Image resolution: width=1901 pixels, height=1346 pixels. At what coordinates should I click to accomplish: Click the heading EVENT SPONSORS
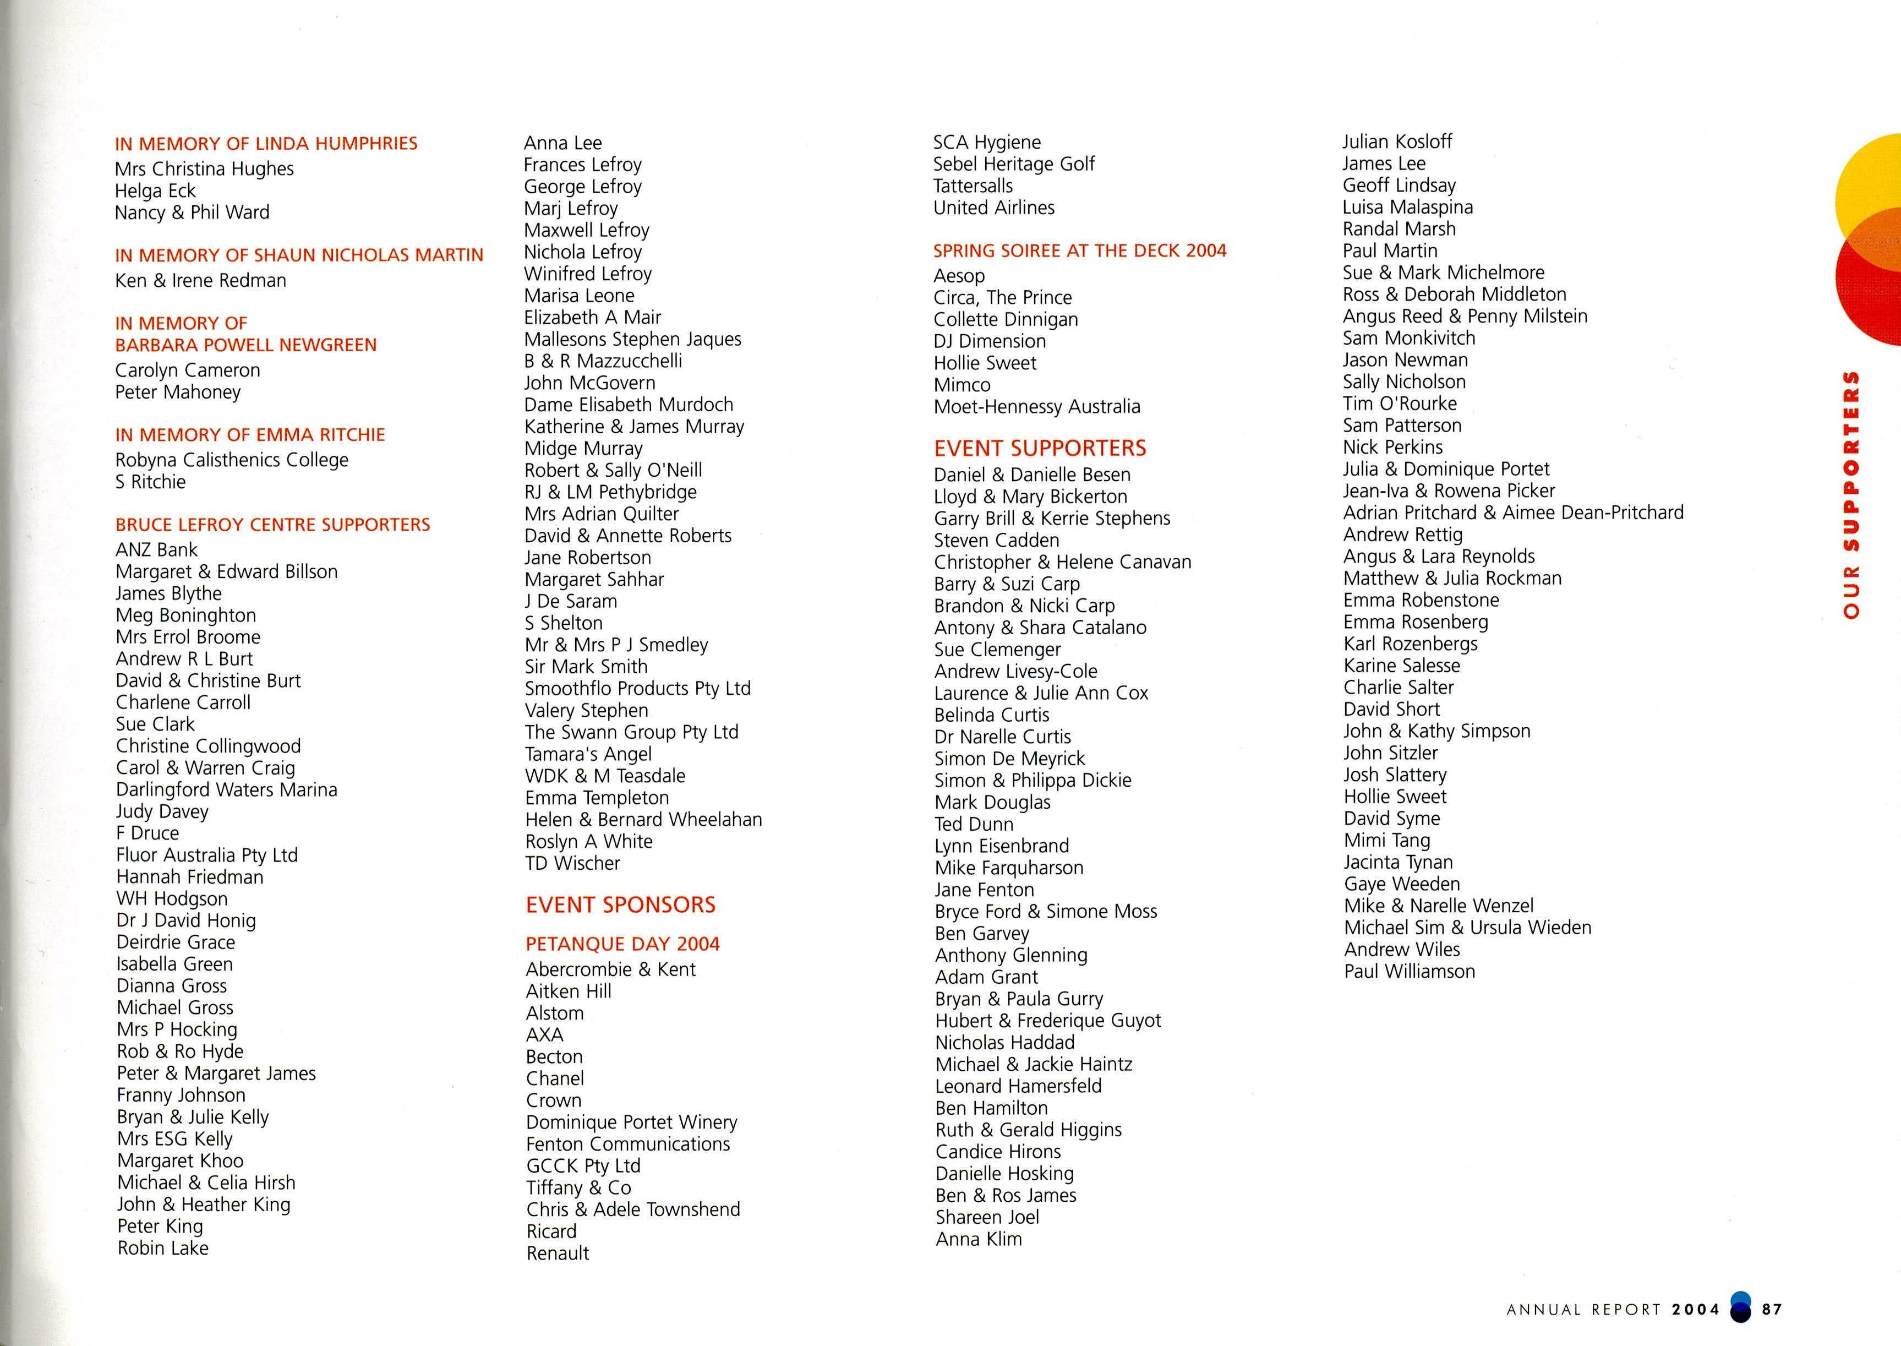pos(620,904)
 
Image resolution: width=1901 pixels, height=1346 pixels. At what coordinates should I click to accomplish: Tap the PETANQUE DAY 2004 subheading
pos(622,944)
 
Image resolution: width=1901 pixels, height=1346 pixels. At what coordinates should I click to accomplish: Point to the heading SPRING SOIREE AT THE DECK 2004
pos(1079,250)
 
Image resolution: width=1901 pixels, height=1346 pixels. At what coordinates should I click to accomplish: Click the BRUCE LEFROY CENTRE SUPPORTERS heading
pos(272,525)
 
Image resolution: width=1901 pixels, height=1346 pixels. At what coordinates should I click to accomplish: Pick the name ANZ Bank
pos(157,549)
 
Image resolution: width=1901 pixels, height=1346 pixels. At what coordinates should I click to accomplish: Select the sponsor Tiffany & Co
pos(578,1187)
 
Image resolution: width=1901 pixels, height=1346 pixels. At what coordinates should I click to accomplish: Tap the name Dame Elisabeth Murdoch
pos(628,405)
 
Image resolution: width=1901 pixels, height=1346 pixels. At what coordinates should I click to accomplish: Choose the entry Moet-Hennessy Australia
pos(1037,407)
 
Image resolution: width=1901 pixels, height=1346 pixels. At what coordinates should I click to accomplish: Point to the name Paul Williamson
pos(1409,971)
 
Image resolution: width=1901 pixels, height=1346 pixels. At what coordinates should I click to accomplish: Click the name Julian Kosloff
pos(1397,141)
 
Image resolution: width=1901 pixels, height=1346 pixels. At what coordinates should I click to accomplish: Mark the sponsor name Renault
pos(558,1253)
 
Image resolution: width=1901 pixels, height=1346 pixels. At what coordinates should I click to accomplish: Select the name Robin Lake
pos(162,1248)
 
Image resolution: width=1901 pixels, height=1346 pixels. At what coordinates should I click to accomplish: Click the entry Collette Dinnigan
pos(1005,319)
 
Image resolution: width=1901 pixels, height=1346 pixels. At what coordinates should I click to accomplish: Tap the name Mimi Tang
pos(1386,841)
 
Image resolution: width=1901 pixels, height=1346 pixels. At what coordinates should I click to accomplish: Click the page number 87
pos(1772,1310)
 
